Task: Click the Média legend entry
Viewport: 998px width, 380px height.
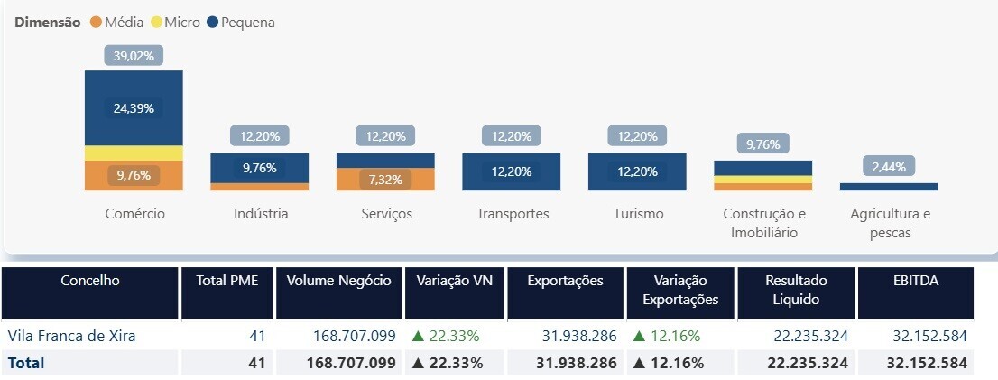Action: [116, 23]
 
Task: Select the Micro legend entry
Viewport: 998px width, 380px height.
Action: [174, 23]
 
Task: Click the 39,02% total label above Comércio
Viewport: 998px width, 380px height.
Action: [134, 56]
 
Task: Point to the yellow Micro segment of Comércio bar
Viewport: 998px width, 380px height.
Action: [134, 153]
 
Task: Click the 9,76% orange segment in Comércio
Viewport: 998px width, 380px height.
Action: [134, 175]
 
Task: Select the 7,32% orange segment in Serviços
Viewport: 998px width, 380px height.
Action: [385, 180]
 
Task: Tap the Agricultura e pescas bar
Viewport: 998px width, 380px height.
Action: [888, 186]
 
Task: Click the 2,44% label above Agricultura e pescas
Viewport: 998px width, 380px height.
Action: [888, 166]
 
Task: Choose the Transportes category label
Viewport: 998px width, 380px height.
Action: [512, 214]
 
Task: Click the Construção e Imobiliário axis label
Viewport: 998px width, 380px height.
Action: [762, 223]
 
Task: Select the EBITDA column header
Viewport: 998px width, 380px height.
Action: [915, 281]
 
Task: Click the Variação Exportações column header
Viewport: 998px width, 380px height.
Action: [680, 290]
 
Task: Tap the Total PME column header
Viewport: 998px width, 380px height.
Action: [227, 281]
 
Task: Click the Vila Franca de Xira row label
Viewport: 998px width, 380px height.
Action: [71, 336]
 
